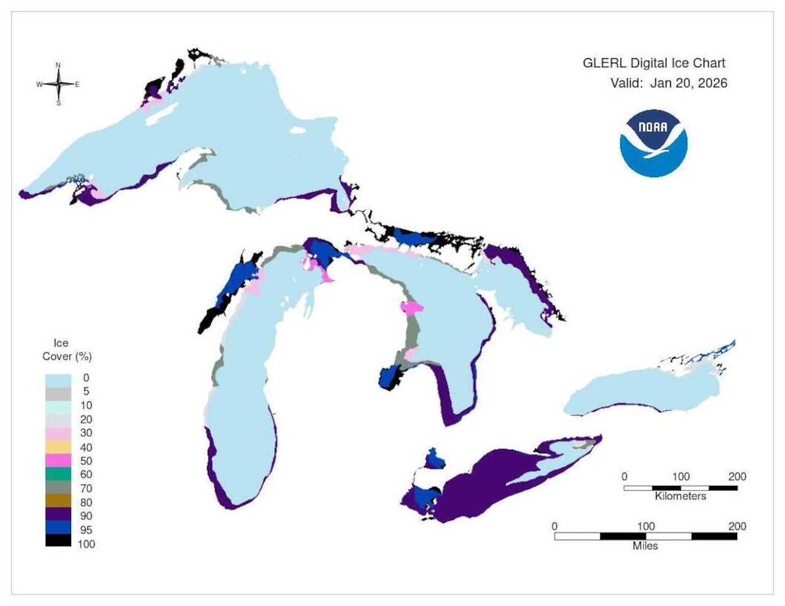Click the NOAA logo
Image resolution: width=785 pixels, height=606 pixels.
tap(653, 143)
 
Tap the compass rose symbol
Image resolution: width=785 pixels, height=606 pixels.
tap(58, 84)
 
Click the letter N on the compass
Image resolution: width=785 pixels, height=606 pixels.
tap(58, 65)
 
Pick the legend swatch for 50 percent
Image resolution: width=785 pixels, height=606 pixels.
tap(58, 461)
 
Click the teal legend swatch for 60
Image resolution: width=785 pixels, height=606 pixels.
tap(58, 474)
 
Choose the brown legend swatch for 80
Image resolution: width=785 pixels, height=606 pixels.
tap(58, 502)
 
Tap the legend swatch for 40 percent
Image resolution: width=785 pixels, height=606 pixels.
tap(58, 447)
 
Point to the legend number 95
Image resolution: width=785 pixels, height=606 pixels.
tap(86, 530)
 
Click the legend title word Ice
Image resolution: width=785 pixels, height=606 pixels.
tap(61, 343)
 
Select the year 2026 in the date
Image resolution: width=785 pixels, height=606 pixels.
tap(711, 83)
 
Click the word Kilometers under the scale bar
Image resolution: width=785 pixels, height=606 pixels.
tap(680, 496)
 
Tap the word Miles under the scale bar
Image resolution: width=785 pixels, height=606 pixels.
tap(645, 545)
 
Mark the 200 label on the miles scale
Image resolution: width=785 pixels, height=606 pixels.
tap(737, 526)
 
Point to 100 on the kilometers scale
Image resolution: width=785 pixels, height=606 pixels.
tap(680, 477)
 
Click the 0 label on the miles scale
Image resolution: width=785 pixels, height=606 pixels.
tap(554, 526)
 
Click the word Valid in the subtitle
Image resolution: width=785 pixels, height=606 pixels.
tap(626, 83)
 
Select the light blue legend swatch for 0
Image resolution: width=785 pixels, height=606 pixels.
tap(58, 378)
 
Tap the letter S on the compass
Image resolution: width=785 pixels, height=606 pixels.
tap(59, 103)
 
